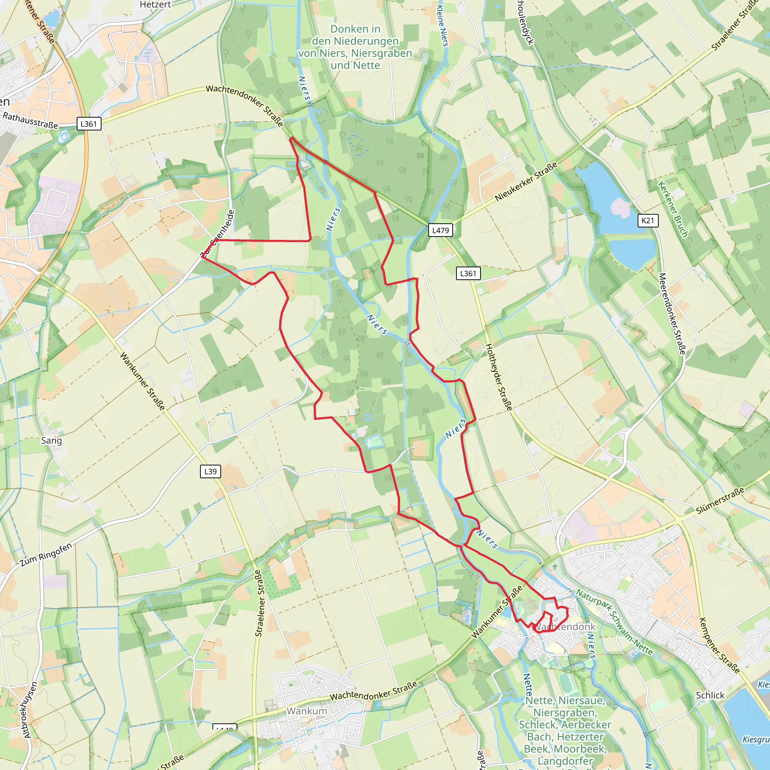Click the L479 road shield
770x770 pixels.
click(440, 230)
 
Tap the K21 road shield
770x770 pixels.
click(648, 220)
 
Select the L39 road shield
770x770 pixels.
click(210, 471)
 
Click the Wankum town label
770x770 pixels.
click(306, 711)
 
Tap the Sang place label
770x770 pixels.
click(52, 440)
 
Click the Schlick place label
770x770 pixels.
click(710, 695)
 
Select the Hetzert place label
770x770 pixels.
click(155, 5)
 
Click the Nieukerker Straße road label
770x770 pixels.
click(526, 182)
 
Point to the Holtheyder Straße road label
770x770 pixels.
click(499, 377)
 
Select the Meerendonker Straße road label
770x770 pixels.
click(672, 314)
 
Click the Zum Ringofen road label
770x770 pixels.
click(46, 555)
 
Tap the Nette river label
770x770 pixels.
click(527, 684)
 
